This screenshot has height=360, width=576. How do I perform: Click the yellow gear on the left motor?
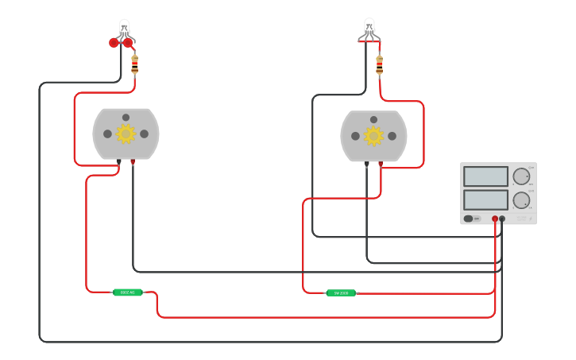click(x=126, y=134)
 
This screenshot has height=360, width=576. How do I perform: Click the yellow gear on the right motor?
click(x=373, y=136)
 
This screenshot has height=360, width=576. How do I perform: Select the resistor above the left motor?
click(x=134, y=64)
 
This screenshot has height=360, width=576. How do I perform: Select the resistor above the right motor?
click(x=379, y=64)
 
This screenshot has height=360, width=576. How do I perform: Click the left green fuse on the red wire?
click(x=127, y=292)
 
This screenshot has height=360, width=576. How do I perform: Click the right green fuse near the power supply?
click(x=341, y=293)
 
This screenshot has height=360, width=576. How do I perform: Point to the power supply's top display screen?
click(x=485, y=176)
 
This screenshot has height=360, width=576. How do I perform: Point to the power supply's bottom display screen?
click(x=485, y=199)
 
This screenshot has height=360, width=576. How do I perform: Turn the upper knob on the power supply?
click(x=521, y=176)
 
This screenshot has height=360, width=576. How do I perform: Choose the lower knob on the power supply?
click(x=521, y=199)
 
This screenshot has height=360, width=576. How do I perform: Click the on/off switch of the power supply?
click(x=469, y=219)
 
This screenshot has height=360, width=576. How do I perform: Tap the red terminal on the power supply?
click(x=495, y=219)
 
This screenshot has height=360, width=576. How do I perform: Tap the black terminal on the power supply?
click(x=502, y=219)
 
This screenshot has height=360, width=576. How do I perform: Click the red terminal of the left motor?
click(x=133, y=162)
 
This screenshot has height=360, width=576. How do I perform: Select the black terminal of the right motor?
click(x=366, y=164)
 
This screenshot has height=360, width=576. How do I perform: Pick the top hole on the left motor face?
click(x=126, y=118)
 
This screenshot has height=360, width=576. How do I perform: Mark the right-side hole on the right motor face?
click(x=392, y=136)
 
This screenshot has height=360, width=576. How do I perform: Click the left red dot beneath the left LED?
click(x=114, y=43)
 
